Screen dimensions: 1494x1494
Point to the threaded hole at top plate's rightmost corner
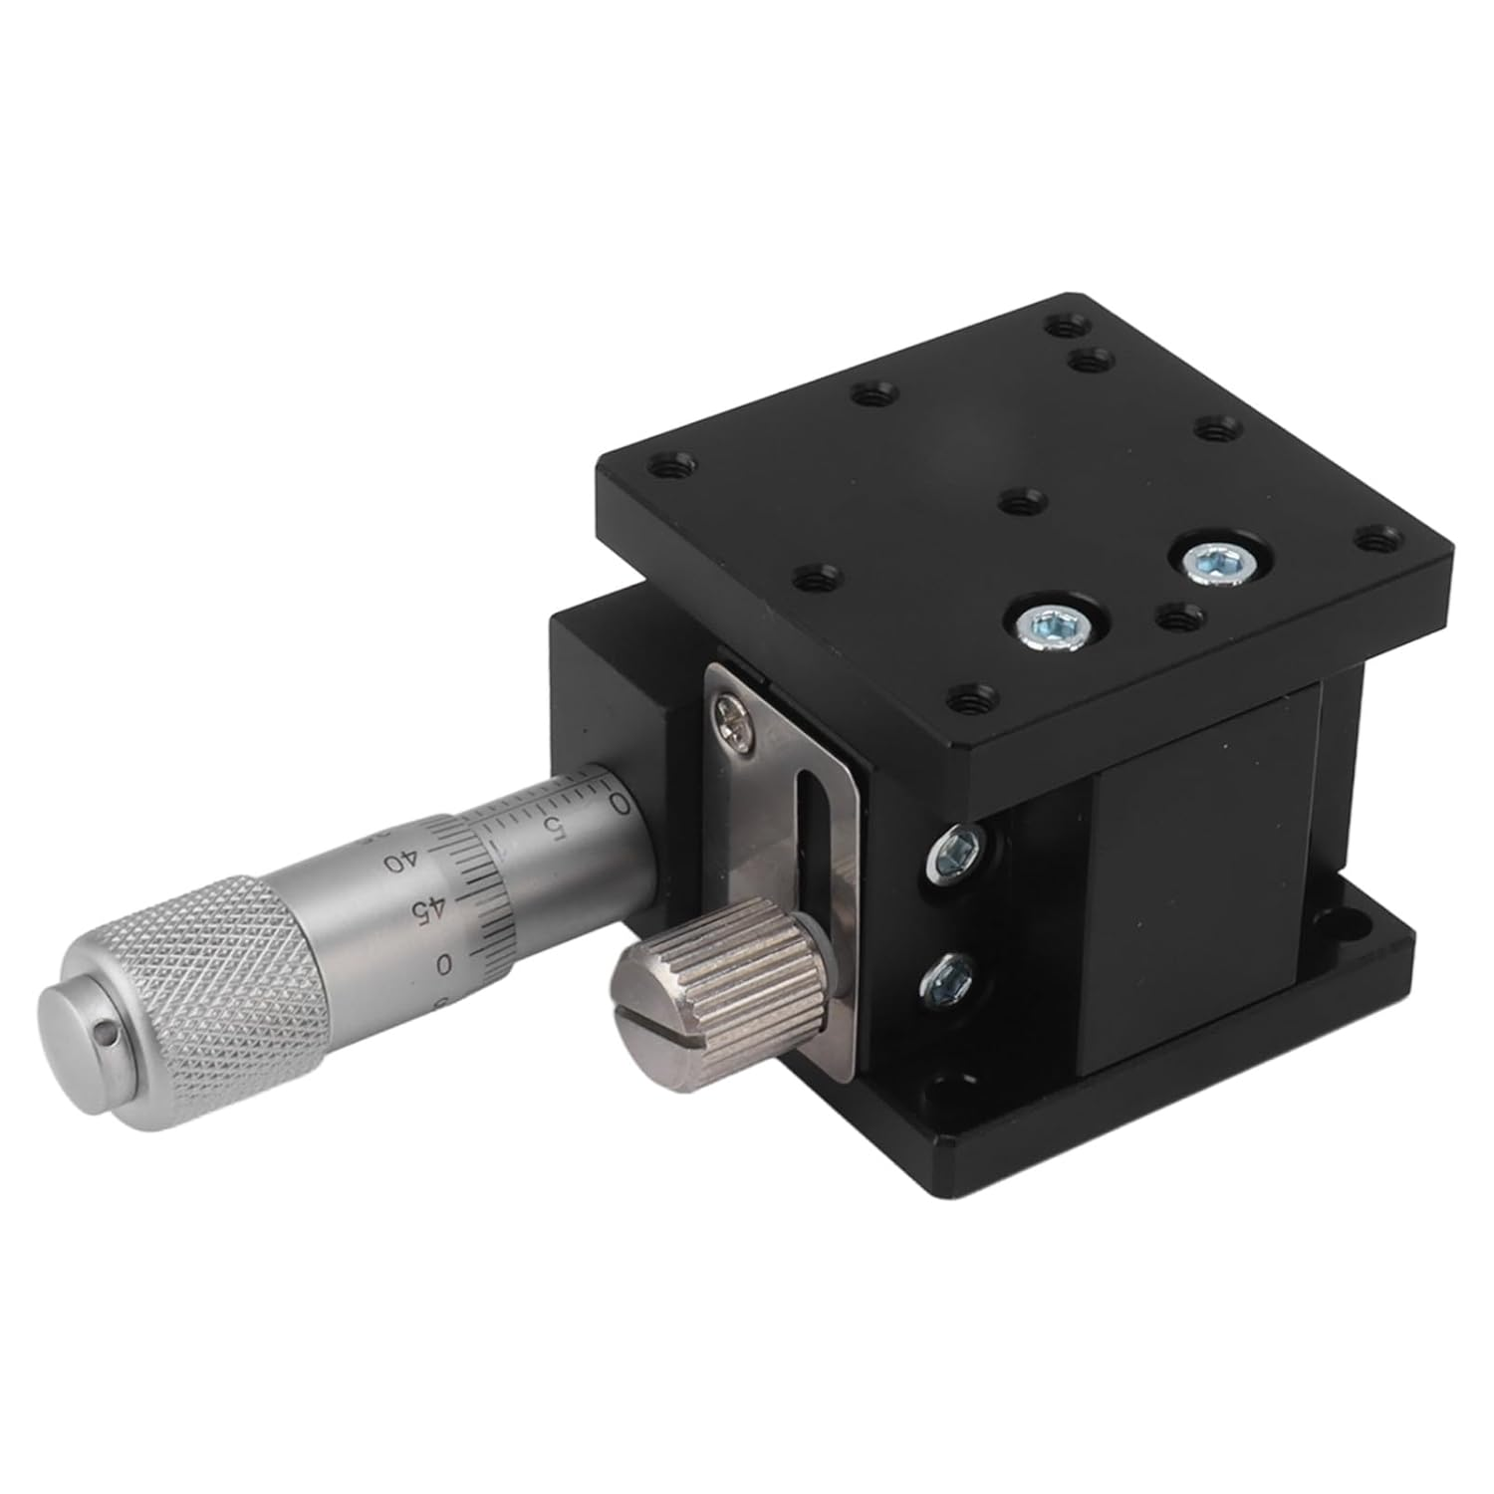click(x=1379, y=541)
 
